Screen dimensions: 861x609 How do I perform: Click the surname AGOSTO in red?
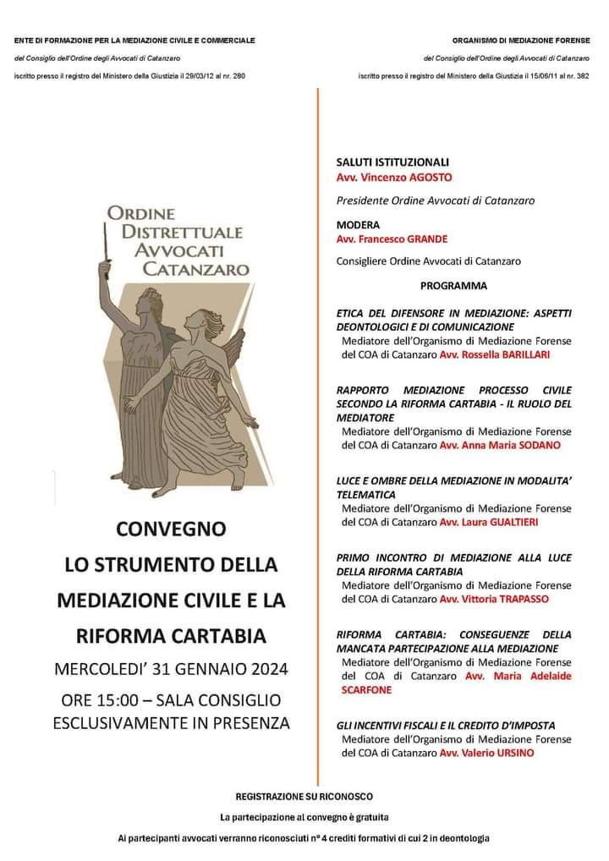tap(428, 178)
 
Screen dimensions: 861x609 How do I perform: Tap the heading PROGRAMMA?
tap(453, 286)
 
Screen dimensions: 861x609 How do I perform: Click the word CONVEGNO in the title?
tap(172, 529)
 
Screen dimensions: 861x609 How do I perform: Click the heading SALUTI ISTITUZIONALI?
tap(392, 162)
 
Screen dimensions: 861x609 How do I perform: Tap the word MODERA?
tap(358, 226)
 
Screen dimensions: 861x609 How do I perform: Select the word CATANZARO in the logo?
tap(195, 270)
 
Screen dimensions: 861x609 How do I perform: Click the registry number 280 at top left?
tap(239, 77)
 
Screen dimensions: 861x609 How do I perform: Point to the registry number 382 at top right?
tap(583, 77)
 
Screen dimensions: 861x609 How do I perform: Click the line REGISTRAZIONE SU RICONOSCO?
tap(304, 797)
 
